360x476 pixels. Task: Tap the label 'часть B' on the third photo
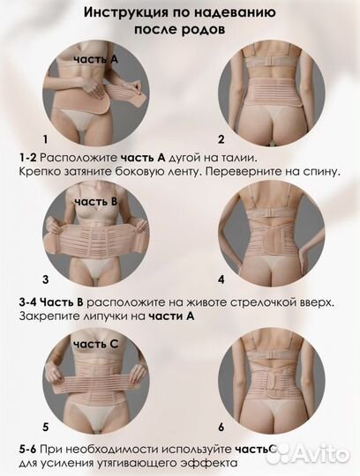[x=95, y=202]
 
